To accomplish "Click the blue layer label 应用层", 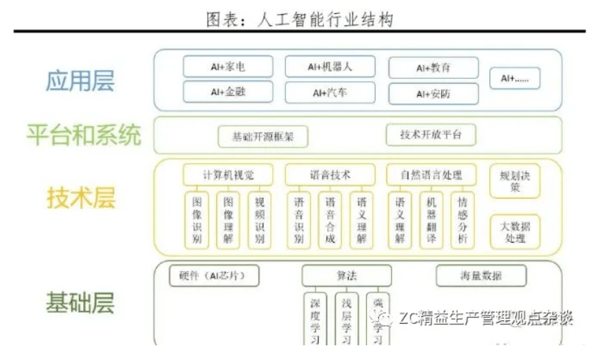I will click(x=80, y=80).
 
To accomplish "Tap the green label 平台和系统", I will click(x=83, y=134).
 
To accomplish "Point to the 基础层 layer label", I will click(x=80, y=303).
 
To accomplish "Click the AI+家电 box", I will click(x=228, y=67).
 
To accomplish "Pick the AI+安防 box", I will click(x=433, y=94).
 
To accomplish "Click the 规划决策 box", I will click(x=515, y=181).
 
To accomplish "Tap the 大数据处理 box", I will click(x=515, y=231).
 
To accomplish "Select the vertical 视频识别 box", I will click(x=259, y=219).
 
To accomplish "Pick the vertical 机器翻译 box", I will click(x=431, y=219).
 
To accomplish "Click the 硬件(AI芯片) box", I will click(x=214, y=275).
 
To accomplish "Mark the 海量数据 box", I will click(x=481, y=275).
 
